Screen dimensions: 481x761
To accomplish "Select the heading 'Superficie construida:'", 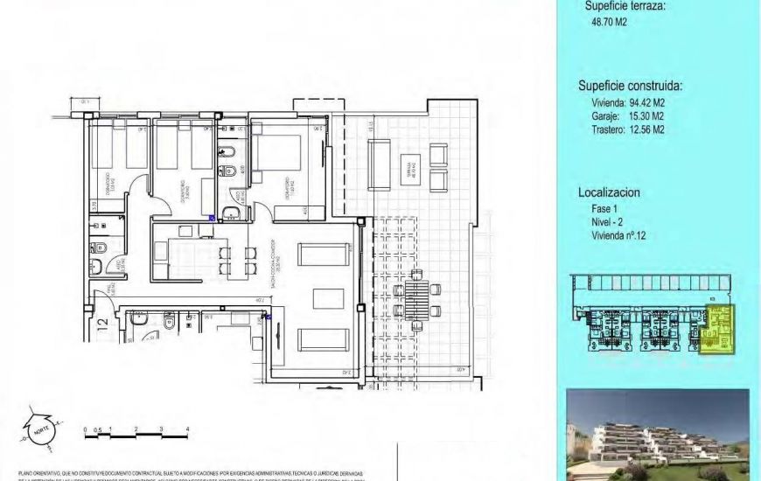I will (630, 86).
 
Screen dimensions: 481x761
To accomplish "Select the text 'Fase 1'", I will (604, 210).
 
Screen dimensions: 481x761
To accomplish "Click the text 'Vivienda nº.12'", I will (622, 235).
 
